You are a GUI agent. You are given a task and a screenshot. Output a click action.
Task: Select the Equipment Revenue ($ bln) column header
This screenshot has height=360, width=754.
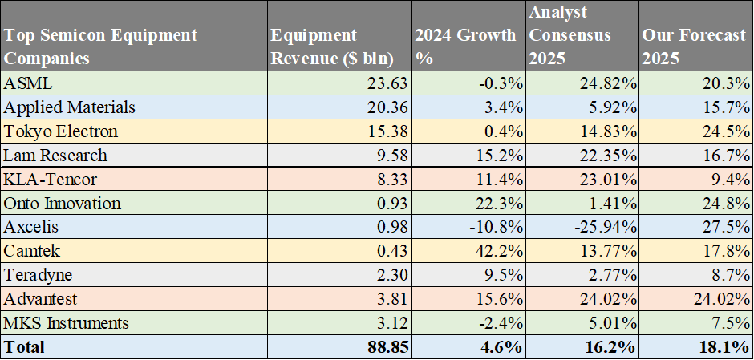[x=314, y=47]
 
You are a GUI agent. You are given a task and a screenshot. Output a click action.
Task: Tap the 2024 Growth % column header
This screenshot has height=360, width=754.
[x=465, y=47]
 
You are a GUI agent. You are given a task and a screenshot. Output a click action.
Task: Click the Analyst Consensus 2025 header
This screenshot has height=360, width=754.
[x=570, y=36]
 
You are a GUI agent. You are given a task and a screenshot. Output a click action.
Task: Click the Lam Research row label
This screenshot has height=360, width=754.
[x=55, y=155]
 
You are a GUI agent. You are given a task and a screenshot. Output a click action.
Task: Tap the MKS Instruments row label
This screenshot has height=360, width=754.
[x=66, y=323]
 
